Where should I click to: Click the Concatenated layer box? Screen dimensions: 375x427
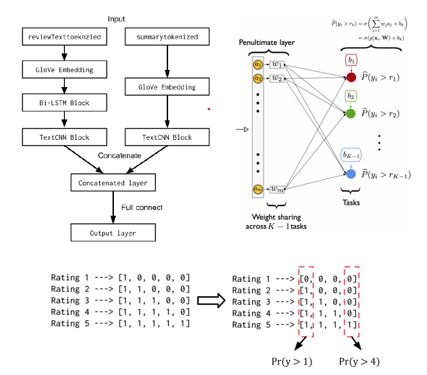(113, 183)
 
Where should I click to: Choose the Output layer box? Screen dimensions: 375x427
(113, 233)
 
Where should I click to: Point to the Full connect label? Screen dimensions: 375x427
(142, 207)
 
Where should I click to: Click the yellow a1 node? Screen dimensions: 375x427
(258, 65)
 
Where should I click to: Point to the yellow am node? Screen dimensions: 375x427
(258, 188)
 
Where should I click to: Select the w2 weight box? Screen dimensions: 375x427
(276, 79)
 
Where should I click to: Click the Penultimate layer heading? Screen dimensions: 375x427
(267, 43)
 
